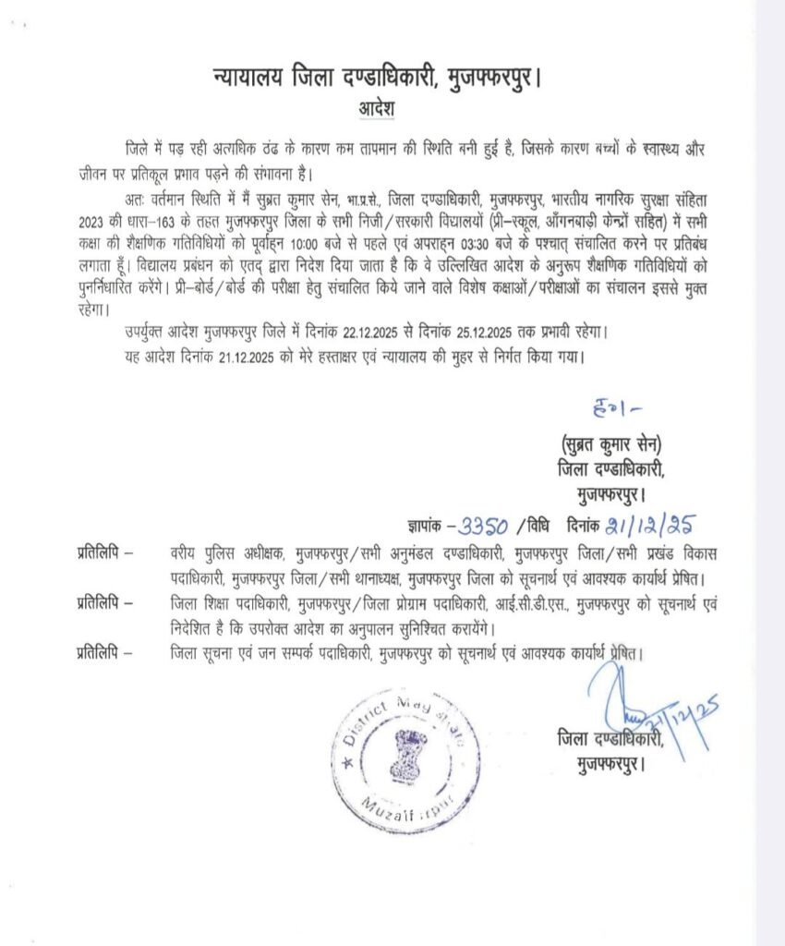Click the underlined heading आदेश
(x=377, y=108)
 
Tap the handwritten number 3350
(x=479, y=528)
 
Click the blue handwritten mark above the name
(x=610, y=406)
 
